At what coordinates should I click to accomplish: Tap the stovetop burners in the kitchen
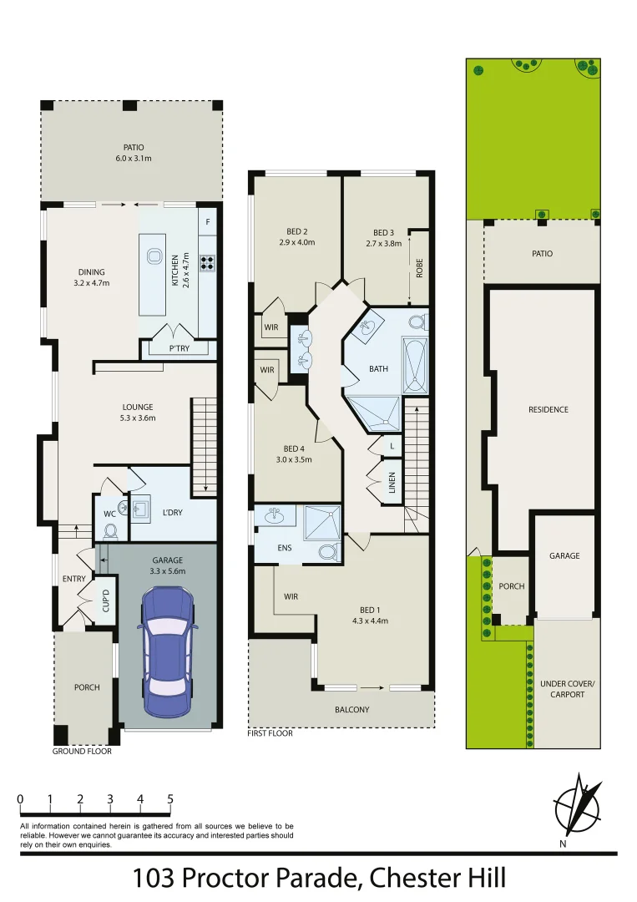(207, 263)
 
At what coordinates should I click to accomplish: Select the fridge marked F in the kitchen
(208, 222)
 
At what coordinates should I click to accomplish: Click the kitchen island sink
(154, 256)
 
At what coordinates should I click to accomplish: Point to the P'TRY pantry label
(179, 348)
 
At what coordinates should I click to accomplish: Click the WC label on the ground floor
(110, 514)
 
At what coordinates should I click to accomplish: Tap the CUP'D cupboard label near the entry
(106, 600)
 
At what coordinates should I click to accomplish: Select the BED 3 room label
(383, 232)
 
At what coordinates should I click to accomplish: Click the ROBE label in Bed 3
(419, 268)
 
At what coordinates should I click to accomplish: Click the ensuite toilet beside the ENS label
(328, 552)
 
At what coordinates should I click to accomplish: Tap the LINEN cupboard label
(392, 483)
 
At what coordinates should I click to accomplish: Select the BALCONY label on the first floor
(351, 709)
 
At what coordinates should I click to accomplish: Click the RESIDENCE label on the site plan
(548, 409)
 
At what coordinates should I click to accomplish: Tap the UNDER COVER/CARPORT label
(567, 689)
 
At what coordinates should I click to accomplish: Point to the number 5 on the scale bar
(170, 799)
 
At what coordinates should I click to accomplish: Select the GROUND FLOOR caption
(82, 752)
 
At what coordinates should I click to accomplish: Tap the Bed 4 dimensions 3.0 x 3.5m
(294, 459)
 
